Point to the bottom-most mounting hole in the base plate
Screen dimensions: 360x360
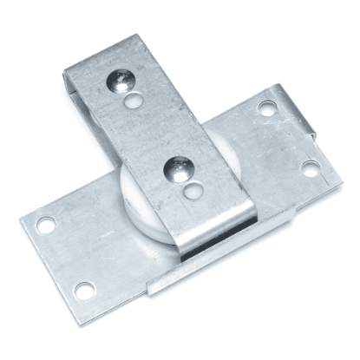point(83,289)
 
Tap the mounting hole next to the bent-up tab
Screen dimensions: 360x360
point(266,109)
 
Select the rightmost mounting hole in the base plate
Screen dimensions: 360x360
point(310,168)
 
